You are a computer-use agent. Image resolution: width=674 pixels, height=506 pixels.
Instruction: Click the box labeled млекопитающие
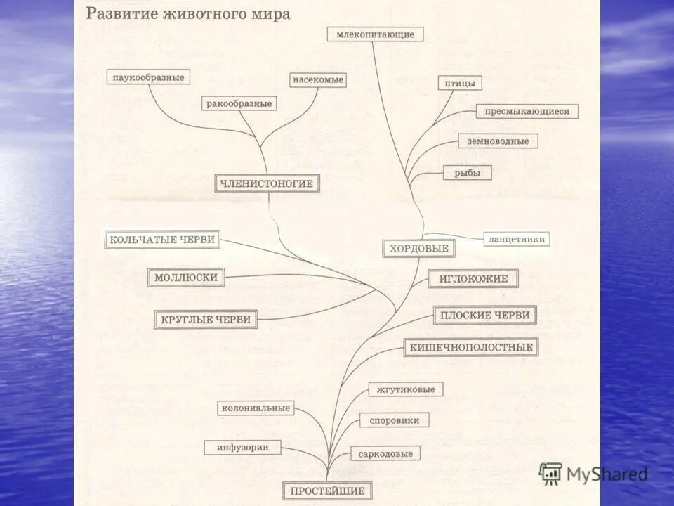[x=375, y=34]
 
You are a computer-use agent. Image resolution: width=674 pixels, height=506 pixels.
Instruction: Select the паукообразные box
[x=148, y=77]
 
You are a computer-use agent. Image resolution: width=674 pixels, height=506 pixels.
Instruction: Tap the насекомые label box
[x=318, y=80]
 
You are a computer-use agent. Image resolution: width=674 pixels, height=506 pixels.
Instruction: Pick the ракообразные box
[x=239, y=104]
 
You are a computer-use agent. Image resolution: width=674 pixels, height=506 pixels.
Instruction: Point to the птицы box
[x=459, y=84]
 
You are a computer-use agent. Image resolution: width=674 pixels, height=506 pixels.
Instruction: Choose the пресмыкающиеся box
[x=527, y=111]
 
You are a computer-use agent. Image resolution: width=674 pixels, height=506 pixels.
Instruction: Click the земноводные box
[x=498, y=141]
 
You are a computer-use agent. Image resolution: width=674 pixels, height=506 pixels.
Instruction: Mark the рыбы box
[x=467, y=173]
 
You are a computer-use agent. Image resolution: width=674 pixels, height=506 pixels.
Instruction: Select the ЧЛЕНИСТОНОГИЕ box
[x=267, y=184]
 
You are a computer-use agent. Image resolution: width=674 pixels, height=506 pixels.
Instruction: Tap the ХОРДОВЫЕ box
[x=418, y=248]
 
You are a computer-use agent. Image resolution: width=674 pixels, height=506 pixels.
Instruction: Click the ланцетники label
[x=516, y=239]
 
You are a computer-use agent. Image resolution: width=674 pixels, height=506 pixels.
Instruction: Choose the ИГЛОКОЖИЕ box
[x=473, y=279]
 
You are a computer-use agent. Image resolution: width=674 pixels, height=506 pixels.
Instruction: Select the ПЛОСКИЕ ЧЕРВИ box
[x=484, y=316]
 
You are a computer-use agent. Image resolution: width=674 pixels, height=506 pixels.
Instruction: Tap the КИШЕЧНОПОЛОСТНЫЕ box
[x=471, y=347]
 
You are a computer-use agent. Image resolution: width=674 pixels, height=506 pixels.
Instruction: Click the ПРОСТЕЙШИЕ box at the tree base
[x=327, y=491]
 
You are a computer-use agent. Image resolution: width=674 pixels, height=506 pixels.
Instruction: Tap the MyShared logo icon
[x=550, y=473]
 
